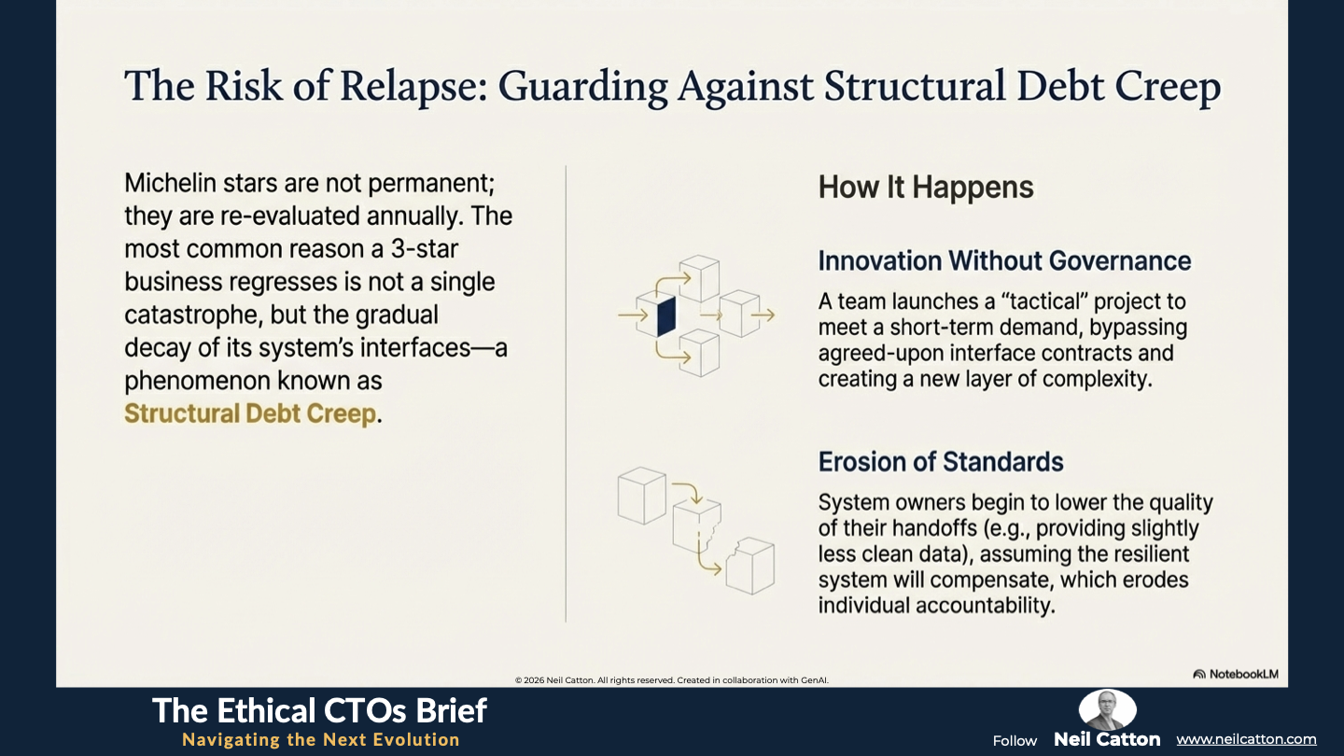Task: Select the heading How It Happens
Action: [x=926, y=188]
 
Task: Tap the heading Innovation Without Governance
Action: [x=1004, y=261]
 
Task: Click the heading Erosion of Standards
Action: [x=941, y=462]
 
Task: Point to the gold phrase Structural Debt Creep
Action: [x=250, y=414]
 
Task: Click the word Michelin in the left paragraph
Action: [x=171, y=183]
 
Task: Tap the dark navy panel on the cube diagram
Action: [x=666, y=316]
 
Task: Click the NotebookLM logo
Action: [x=1236, y=675]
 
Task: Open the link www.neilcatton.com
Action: [x=1246, y=739]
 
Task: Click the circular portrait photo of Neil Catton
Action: [x=1107, y=709]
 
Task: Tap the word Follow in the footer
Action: [x=1015, y=741]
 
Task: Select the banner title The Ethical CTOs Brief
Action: [x=319, y=711]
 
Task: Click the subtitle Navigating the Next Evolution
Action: [x=321, y=740]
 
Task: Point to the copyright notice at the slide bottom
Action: [x=671, y=680]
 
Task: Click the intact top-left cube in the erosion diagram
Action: [x=641, y=496]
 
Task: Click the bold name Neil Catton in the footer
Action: [x=1107, y=739]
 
